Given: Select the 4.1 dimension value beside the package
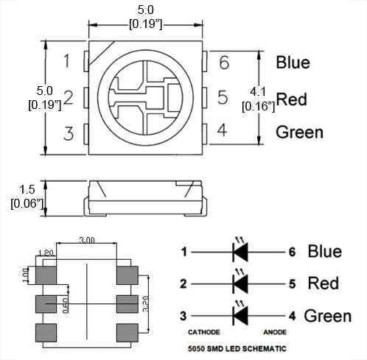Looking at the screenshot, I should tap(258, 92).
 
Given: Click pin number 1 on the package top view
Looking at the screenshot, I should tap(67, 61).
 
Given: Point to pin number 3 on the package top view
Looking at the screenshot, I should tap(68, 133).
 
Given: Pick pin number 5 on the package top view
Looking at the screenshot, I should tap(223, 97).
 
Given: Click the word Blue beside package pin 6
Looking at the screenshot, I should tap(293, 63).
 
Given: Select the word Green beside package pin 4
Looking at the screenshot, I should tap(299, 133).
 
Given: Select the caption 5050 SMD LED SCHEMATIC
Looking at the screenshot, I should tap(237, 348).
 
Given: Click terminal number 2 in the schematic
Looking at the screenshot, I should tap(183, 283).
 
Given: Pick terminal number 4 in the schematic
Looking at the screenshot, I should tap(292, 316).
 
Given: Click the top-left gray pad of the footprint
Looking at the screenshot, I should tap(46, 275).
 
